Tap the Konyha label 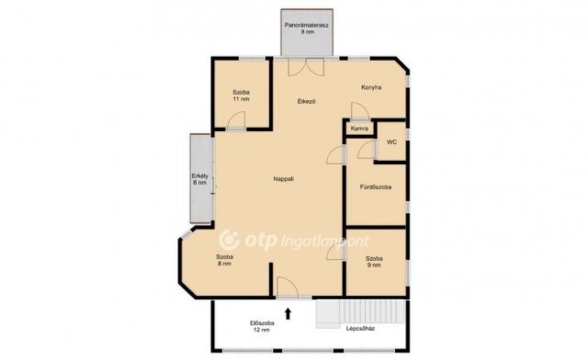371,87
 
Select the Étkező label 306,101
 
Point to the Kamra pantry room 359,129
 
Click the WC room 391,141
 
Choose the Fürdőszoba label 376,186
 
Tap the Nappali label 284,179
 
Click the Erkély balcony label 200,179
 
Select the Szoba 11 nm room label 241,96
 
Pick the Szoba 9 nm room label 374,262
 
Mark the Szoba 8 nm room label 224,260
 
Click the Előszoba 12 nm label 262,327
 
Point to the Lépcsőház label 360,329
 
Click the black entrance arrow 288,313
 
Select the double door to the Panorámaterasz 306,68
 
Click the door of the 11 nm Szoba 237,120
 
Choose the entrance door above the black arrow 288,287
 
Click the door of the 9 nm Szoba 335,252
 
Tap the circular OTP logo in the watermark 229,240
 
